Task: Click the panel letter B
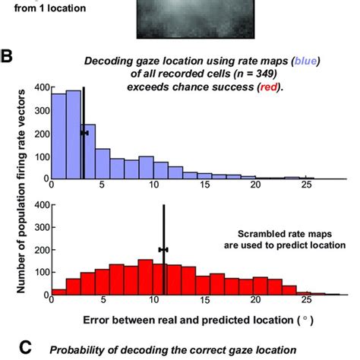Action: (x=8, y=56)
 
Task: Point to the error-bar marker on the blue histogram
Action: (x=84, y=133)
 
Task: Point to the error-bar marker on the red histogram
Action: (x=163, y=249)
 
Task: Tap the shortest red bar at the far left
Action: (x=58, y=291)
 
